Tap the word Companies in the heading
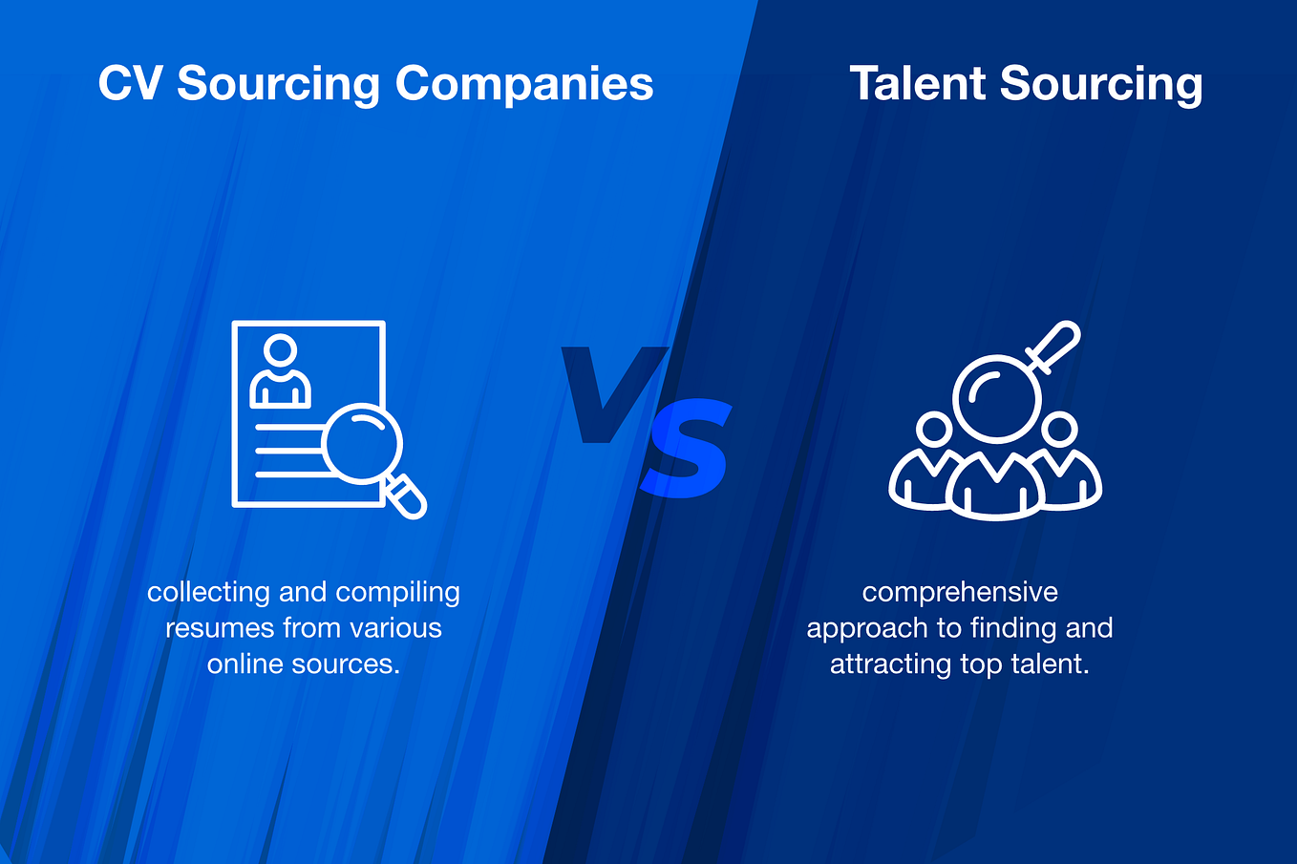524,84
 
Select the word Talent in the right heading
917,84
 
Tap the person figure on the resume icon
280,370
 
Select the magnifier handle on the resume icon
407,495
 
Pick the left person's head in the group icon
933,429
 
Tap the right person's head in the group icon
1059,429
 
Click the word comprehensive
960,593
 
